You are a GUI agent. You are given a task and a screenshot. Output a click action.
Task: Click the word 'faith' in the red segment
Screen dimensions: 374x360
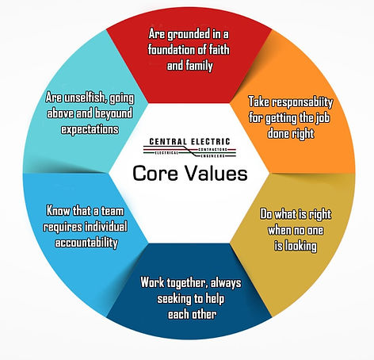[219, 49]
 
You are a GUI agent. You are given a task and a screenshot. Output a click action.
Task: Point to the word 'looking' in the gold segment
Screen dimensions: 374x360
[301, 247]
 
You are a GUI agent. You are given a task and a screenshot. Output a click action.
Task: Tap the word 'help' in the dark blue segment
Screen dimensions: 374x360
[215, 299]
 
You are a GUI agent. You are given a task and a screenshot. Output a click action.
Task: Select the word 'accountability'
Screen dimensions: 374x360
[86, 243]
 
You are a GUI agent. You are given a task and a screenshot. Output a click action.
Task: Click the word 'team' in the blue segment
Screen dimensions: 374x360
[113, 211]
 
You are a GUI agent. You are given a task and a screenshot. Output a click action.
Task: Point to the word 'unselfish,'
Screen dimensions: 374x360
[86, 98]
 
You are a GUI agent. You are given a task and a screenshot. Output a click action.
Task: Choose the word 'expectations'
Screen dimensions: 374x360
[90, 129]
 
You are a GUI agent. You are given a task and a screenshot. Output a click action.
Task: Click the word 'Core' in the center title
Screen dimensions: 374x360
[155, 174]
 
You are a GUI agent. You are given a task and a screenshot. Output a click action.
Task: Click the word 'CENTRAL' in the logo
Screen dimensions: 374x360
[168, 142]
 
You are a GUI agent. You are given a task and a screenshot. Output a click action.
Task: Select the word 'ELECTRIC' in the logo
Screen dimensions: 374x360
[211, 142]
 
